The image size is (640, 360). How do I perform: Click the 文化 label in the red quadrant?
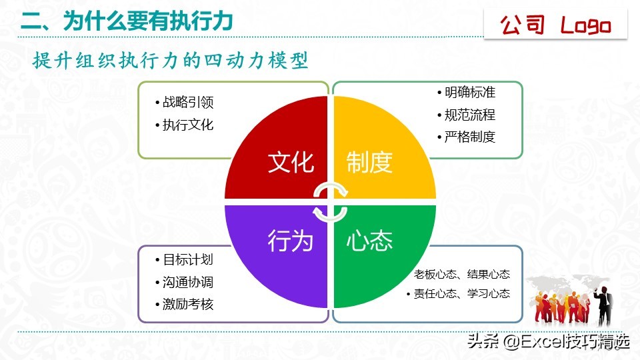coord(291,162)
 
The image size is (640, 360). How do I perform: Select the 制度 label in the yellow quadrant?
coord(369,162)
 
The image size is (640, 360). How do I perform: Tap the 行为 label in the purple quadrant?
coord(291,240)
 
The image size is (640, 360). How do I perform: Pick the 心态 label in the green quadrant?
coord(369,240)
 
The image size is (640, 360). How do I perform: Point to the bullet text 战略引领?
coord(188,103)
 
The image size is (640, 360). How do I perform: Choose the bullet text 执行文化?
coord(188,125)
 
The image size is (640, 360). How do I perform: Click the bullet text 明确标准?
coord(470,93)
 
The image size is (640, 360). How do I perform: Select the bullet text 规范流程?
coord(470,115)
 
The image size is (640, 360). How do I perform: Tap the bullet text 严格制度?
coord(470,137)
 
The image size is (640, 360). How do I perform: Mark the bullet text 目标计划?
coord(188,260)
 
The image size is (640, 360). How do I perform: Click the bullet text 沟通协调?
coord(188,282)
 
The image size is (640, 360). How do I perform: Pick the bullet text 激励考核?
coord(188,304)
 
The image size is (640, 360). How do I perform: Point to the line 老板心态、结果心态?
coord(461,274)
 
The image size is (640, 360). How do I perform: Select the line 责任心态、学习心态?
coord(461,293)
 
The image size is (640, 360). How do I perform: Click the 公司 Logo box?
coord(555,25)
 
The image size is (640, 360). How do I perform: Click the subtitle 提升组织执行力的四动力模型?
coord(171,61)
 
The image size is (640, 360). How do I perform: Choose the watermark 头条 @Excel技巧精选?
coord(548,342)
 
